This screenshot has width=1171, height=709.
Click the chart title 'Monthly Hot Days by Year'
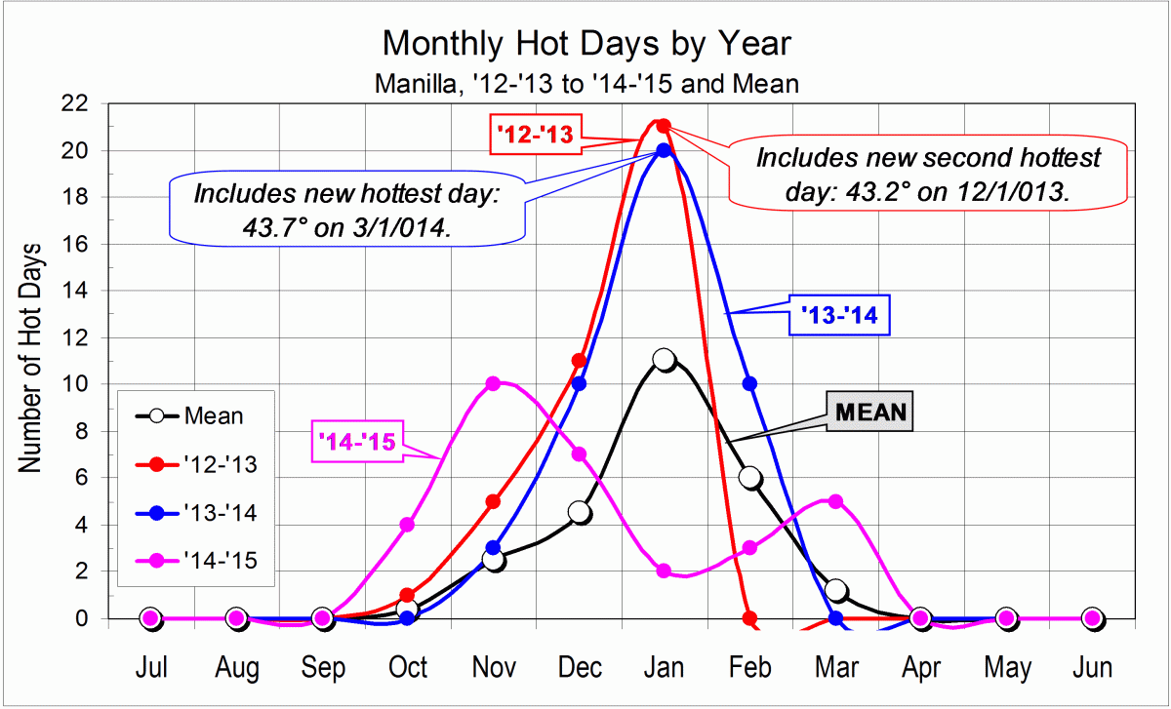click(x=586, y=44)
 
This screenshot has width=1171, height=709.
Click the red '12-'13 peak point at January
click(x=664, y=126)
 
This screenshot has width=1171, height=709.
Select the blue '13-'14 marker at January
click(x=664, y=150)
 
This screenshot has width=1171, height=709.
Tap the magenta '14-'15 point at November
click(x=493, y=383)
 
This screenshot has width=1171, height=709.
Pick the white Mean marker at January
click(x=665, y=360)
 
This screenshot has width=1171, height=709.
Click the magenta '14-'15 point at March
click(x=835, y=501)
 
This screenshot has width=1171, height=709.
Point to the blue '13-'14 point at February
click(x=749, y=383)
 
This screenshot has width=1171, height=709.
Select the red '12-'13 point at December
click(x=579, y=361)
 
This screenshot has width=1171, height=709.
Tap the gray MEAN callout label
click(x=869, y=412)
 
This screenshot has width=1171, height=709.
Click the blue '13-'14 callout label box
click(x=838, y=315)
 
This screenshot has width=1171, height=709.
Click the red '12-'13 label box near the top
click(x=535, y=135)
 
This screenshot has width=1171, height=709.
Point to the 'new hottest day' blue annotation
click(x=346, y=207)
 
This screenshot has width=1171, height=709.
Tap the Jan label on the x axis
click(x=665, y=668)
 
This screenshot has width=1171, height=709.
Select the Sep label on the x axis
click(x=322, y=668)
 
